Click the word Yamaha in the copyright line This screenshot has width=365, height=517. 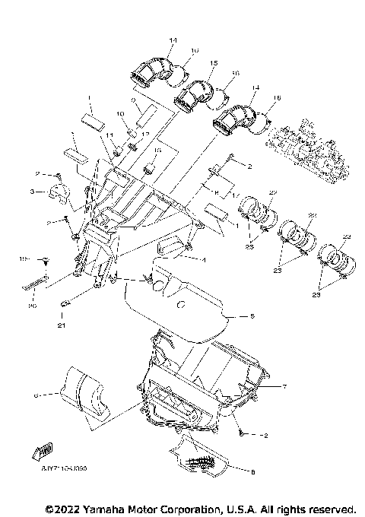coord(87,507)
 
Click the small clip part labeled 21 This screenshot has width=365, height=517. coord(65,305)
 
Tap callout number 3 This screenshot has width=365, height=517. coord(33,192)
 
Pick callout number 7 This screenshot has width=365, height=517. coord(283,386)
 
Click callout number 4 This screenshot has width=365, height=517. coord(204,259)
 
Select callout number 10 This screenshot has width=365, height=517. coord(119,114)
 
